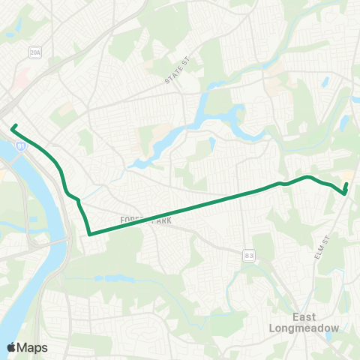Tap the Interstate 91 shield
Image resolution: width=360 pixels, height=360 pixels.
[22, 148]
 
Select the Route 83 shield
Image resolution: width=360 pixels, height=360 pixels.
[247, 256]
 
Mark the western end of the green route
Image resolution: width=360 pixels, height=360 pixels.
[12, 127]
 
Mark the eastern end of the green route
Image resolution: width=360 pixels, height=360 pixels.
[346, 184]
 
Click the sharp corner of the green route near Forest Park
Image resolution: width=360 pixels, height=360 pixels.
[89, 234]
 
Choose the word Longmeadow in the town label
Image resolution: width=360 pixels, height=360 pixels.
[313, 328]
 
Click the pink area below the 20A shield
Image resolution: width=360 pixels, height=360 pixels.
[24, 76]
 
